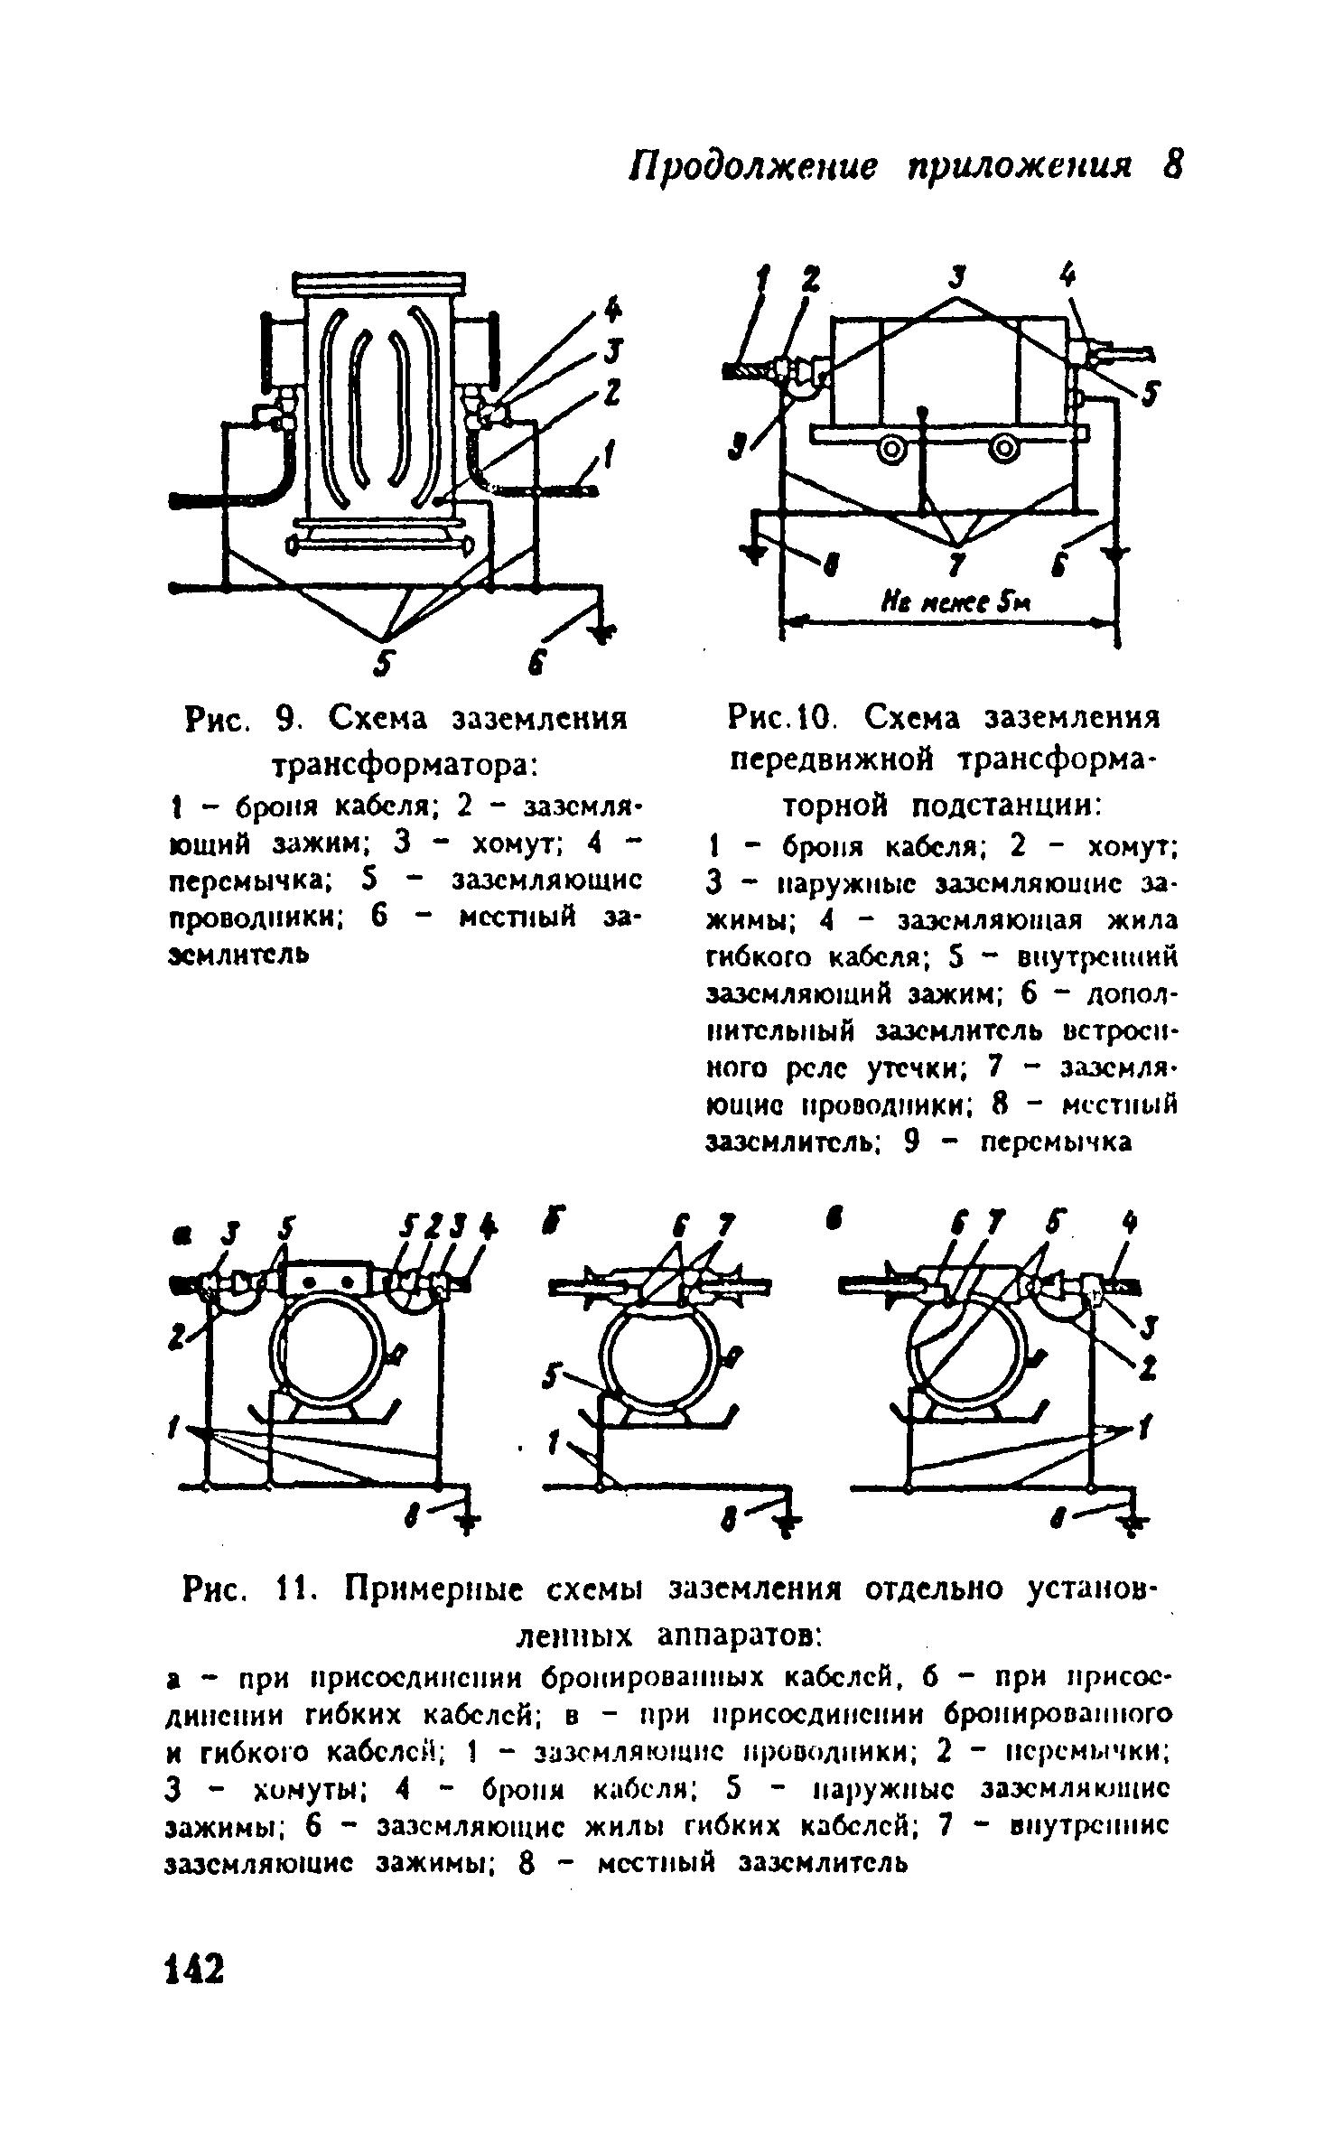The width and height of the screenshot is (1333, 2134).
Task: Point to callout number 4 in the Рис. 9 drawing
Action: [613, 310]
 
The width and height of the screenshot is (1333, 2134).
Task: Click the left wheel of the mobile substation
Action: [894, 449]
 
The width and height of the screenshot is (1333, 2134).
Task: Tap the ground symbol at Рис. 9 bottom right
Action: [597, 631]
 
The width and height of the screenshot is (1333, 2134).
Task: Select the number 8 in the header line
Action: [1170, 164]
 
